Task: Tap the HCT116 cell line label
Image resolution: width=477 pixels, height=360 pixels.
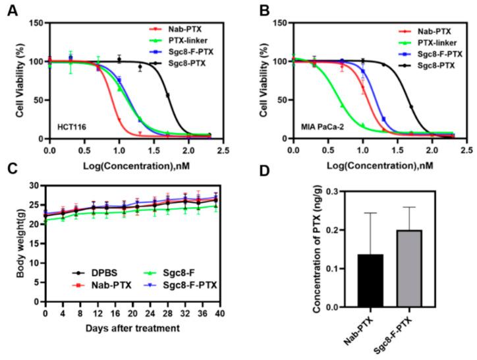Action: pyautogui.click(x=69, y=123)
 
